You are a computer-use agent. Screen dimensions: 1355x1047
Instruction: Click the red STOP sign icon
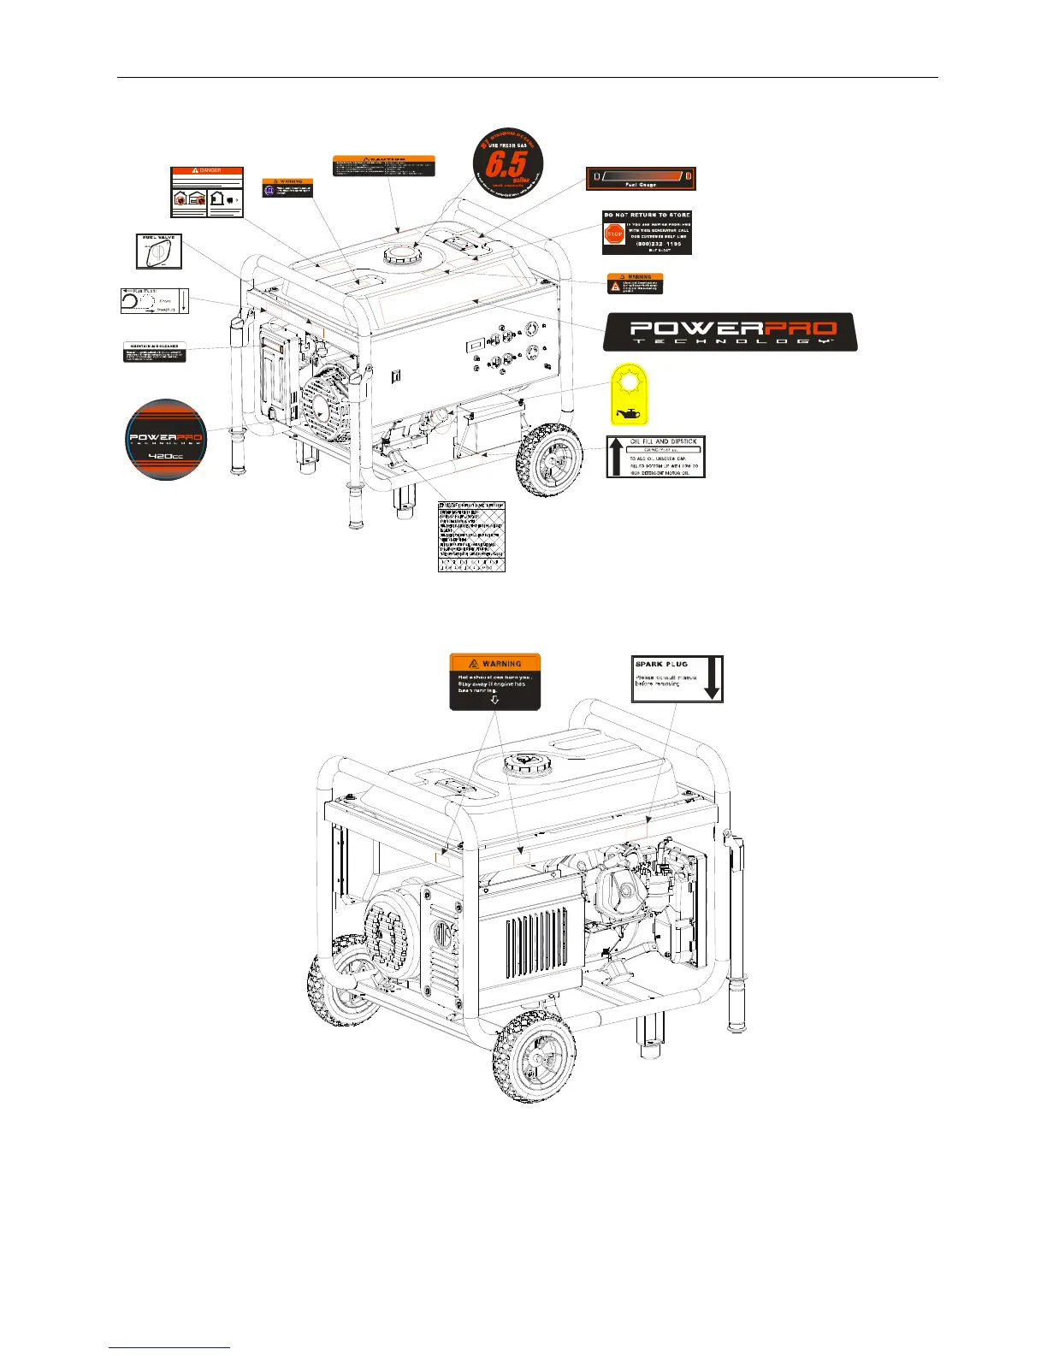(x=613, y=234)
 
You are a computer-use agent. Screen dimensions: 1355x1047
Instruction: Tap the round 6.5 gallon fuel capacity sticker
(x=508, y=163)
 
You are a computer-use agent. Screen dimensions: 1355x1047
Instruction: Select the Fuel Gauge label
(x=641, y=179)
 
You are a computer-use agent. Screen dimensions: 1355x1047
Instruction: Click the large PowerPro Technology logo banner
(x=730, y=332)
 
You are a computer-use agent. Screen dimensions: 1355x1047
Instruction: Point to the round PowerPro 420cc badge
(x=165, y=439)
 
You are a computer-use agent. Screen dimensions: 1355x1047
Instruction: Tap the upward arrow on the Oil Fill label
(x=616, y=457)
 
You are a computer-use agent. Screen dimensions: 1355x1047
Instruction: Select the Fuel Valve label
(x=159, y=251)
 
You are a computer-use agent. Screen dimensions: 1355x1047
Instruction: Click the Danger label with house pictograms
(x=206, y=192)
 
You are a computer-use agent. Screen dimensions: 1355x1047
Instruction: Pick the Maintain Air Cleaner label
(x=154, y=352)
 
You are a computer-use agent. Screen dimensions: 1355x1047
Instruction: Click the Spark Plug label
(x=677, y=679)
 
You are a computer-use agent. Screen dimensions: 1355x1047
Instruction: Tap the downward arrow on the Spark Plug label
(x=713, y=679)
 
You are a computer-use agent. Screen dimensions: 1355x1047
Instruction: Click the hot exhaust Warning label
(x=495, y=682)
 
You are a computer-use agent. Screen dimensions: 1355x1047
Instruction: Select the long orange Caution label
(x=383, y=166)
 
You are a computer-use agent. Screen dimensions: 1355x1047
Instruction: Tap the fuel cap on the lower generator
(x=524, y=762)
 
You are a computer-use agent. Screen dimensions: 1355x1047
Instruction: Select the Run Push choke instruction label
(x=154, y=301)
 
